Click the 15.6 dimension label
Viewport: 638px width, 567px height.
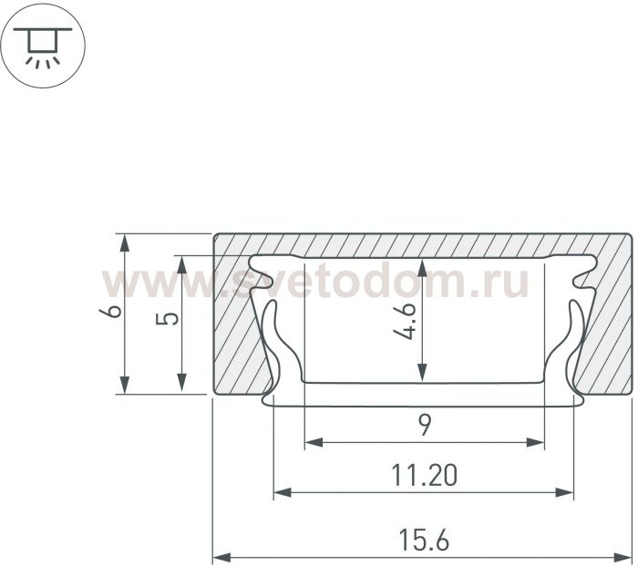click(x=424, y=540)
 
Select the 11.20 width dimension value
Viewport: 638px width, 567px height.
click(x=424, y=475)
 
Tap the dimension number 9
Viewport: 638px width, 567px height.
click(x=425, y=426)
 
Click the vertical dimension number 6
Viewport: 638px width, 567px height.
click(x=110, y=312)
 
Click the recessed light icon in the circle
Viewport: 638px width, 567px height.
click(x=43, y=46)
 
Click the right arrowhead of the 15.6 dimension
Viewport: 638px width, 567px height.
click(x=623, y=556)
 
